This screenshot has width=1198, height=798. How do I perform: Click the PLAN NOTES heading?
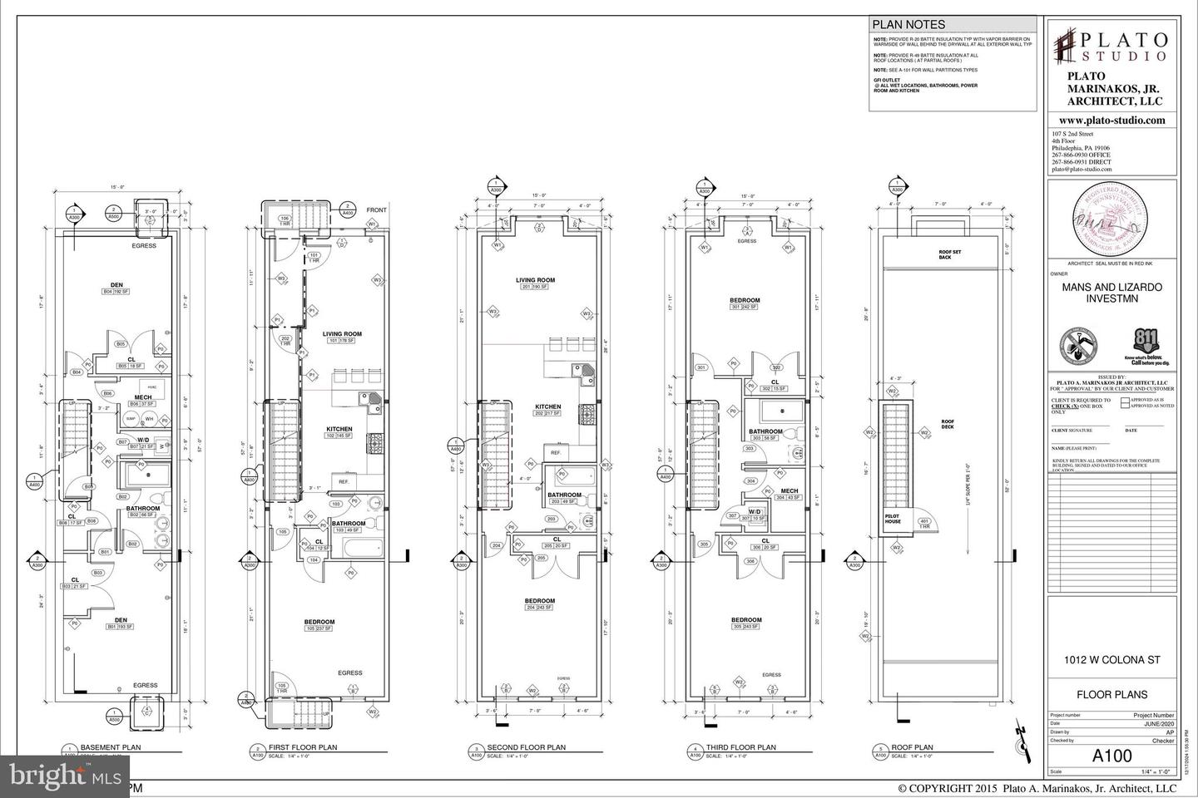[x=909, y=25]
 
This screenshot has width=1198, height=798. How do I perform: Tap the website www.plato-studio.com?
[x=1111, y=121]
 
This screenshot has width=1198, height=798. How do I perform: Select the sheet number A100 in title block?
[x=1111, y=756]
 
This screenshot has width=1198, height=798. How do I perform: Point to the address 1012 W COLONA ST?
[x=1111, y=661]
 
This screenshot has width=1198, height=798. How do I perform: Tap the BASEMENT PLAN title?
[x=111, y=747]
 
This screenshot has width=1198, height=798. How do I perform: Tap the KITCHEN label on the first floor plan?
[x=339, y=430]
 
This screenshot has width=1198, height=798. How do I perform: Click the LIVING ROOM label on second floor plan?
[x=534, y=280]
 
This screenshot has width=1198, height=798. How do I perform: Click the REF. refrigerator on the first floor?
[x=342, y=481]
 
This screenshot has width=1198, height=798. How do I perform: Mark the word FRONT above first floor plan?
[x=377, y=210]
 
